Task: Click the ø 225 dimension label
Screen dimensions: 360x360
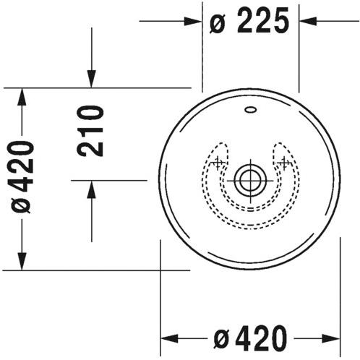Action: [249, 21]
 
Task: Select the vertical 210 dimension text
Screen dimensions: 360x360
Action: [90, 131]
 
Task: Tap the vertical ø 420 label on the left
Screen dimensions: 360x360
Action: [22, 177]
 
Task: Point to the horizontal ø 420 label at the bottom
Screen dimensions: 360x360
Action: [251, 338]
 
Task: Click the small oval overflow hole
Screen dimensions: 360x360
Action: [251, 110]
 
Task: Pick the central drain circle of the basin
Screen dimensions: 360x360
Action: [251, 180]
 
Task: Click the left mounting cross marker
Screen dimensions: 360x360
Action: [218, 163]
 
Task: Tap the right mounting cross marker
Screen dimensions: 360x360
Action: [285, 163]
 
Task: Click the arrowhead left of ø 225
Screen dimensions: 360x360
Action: [192, 21]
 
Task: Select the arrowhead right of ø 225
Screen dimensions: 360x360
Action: [308, 21]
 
